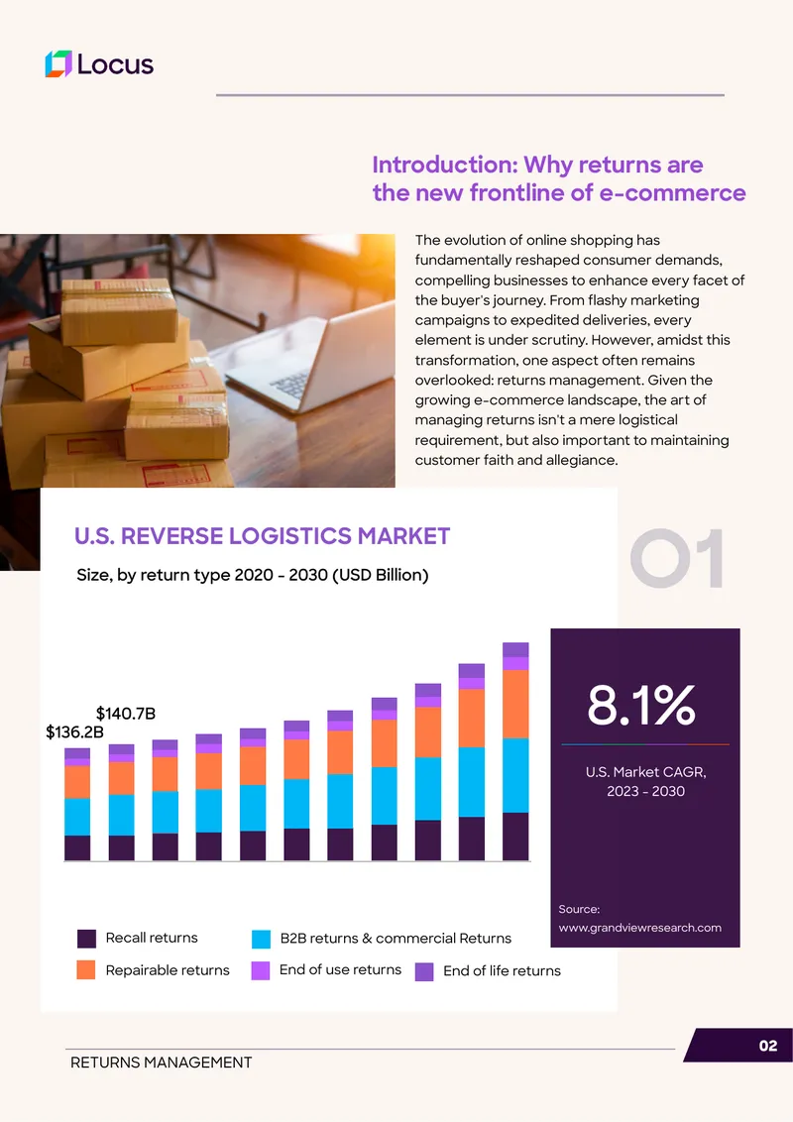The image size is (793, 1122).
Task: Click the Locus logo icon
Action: [58, 63]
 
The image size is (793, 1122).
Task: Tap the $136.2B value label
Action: [74, 732]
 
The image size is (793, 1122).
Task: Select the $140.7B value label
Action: [125, 714]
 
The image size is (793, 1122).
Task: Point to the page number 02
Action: [768, 1046]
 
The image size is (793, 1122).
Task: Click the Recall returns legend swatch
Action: [86, 938]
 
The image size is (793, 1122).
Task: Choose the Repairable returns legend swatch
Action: [86, 969]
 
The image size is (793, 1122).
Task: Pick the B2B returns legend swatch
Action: [262, 939]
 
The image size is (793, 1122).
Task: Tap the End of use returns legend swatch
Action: [261, 970]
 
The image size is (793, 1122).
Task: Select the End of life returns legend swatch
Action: [424, 971]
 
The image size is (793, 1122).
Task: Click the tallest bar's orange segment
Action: [515, 704]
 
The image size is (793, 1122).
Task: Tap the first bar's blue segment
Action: [77, 817]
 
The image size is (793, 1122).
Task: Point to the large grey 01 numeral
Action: [677, 559]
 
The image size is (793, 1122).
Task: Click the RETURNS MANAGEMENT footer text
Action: [161, 1063]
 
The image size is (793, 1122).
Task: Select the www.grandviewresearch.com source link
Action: [639, 928]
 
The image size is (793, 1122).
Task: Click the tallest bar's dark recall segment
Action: [515, 837]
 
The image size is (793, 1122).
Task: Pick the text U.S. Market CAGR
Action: [645, 772]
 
